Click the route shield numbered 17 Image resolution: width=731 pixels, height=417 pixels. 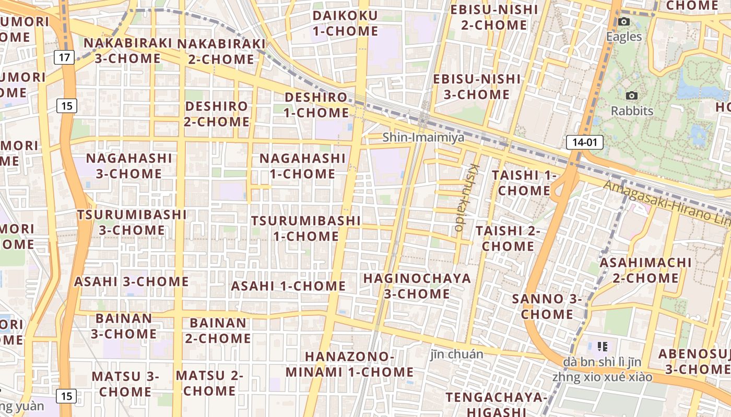point(64,57)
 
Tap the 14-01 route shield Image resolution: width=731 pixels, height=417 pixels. point(584,142)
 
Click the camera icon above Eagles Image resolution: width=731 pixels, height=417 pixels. point(623,22)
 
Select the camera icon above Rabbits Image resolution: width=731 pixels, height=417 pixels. point(631,96)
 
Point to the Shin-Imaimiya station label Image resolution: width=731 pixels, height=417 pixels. point(423,137)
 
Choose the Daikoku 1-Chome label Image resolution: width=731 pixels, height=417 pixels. point(345,23)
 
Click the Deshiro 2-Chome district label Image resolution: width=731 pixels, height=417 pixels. point(217,114)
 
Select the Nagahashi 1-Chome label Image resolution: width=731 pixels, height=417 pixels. point(303,166)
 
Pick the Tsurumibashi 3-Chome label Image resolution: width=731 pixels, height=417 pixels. point(132,222)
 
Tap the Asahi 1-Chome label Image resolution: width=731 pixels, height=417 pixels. point(288,286)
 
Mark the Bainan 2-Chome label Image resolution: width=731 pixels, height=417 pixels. point(218,330)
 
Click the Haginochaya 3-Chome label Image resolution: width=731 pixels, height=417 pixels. point(417,286)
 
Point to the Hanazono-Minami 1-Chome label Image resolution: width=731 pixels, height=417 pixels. point(349,364)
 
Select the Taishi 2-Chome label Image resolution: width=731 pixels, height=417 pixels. point(508,238)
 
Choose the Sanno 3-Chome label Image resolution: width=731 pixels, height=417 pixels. point(547,306)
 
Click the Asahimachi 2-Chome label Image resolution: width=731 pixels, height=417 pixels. point(645,270)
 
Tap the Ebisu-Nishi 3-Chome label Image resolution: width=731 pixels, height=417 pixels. point(477,87)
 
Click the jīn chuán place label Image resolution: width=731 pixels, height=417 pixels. point(457,354)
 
